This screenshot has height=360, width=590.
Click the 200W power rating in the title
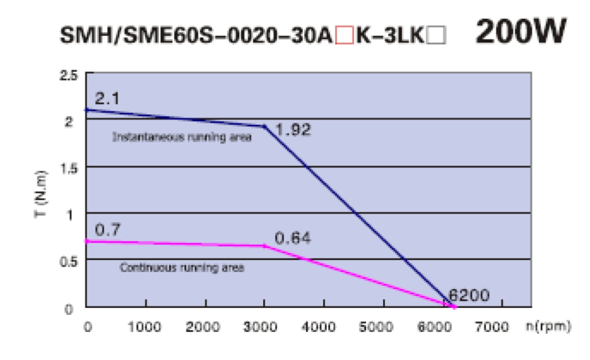[x=520, y=34]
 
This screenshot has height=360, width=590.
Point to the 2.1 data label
[x=107, y=99]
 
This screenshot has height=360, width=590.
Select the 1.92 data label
[x=293, y=129]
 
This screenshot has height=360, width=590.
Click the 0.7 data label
[x=108, y=231]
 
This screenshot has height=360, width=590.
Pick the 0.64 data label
[x=293, y=238]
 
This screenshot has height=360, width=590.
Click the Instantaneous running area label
[x=182, y=138]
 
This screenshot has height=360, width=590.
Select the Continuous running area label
[x=182, y=268]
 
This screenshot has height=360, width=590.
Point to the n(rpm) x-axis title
[x=548, y=326]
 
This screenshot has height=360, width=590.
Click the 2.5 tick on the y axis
[x=69, y=76]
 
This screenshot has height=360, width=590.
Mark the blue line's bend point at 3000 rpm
[x=264, y=127]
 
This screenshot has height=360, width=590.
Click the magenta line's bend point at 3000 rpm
[x=264, y=246]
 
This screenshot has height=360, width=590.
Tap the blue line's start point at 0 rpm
[x=86, y=110]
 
